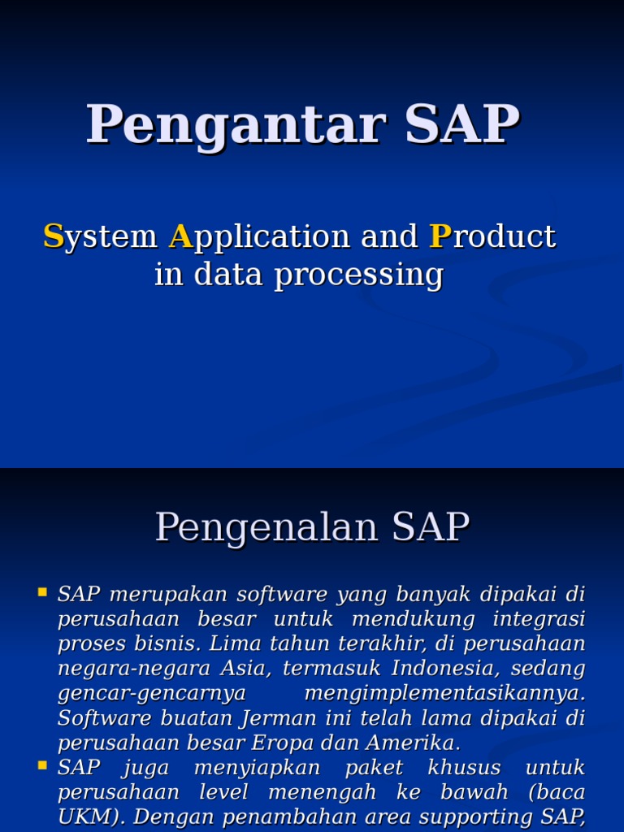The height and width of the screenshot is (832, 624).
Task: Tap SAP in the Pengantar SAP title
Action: [x=461, y=125]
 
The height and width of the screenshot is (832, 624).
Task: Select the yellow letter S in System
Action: [x=53, y=236]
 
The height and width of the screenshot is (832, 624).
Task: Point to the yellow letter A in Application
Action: [x=179, y=236]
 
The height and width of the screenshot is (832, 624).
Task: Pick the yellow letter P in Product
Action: [x=440, y=236]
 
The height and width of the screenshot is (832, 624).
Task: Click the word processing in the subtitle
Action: [x=358, y=275]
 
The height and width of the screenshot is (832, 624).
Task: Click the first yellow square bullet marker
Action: [x=42, y=593]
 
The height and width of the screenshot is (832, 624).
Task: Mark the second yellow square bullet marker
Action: [x=42, y=766]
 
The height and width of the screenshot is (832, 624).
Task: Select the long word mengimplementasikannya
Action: [x=444, y=694]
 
